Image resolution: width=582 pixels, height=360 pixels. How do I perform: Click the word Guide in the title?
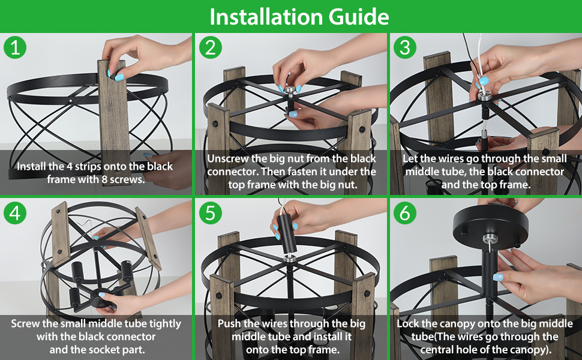pyautogui.click(x=359, y=17)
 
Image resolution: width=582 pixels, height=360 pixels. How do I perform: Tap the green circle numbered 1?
pyautogui.click(x=15, y=47)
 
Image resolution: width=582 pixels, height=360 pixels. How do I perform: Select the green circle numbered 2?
pyautogui.click(x=211, y=47)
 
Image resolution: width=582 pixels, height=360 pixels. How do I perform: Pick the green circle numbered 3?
pyautogui.click(x=405, y=47)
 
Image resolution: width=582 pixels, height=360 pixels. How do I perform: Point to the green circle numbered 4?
pyautogui.click(x=15, y=213)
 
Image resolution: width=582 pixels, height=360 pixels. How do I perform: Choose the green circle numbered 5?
pyautogui.click(x=211, y=213)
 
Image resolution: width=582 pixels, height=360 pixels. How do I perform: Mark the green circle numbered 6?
pyautogui.click(x=405, y=213)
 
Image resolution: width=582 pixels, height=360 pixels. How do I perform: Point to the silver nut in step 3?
pyautogui.click(x=485, y=97)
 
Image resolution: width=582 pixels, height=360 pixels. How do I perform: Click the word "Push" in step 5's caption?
pyautogui.click(x=229, y=323)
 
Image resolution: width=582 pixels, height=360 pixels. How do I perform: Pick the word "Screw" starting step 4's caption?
pyautogui.click(x=25, y=323)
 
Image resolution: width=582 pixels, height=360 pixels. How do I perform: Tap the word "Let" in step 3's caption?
pyautogui.click(x=410, y=159)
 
